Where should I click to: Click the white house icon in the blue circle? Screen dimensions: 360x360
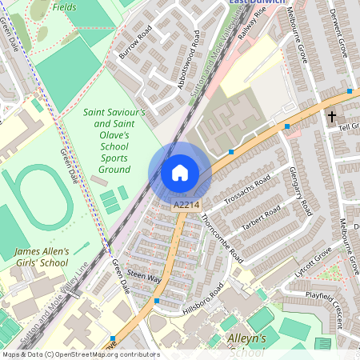180,173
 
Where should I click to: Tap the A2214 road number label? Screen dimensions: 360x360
186,206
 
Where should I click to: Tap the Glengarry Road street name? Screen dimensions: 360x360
298,192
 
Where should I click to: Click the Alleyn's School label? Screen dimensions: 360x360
245,344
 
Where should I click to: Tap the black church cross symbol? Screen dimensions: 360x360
332,117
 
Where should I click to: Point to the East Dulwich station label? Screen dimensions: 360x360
258,2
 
